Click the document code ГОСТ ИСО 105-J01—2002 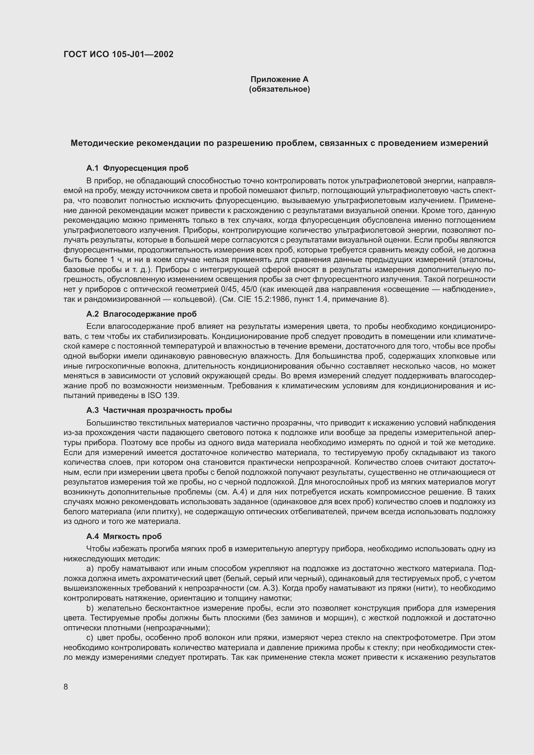pyautogui.click(x=118, y=54)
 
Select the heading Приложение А pyautogui.click(x=279, y=79)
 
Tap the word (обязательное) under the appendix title pyautogui.click(x=279, y=89)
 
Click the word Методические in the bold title pyautogui.click(x=101, y=143)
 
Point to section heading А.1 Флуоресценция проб pyautogui.click(x=137, y=168)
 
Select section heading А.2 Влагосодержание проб pyautogui.click(x=141, y=314)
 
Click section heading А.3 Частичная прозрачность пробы pyautogui.click(x=159, y=410)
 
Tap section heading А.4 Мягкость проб pyautogui.click(x=124, y=536)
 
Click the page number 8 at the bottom pyautogui.click(x=66, y=687)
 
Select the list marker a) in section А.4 pyautogui.click(x=90, y=568)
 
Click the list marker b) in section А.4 pyautogui.click(x=90, y=608)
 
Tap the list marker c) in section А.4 pyautogui.click(x=90, y=638)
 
